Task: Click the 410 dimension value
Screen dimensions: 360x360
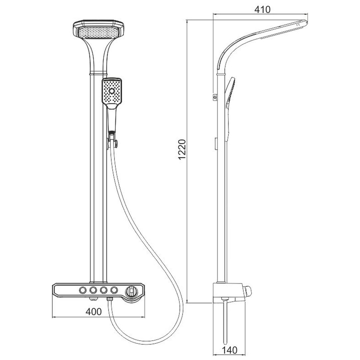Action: click(262, 9)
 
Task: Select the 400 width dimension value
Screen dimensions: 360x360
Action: click(93, 312)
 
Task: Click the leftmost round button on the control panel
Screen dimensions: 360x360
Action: click(83, 290)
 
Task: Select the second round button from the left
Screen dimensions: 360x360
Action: click(93, 290)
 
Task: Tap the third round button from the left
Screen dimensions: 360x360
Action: click(104, 290)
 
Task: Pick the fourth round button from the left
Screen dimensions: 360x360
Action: click(114, 290)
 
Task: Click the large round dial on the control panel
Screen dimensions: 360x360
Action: click(131, 291)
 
